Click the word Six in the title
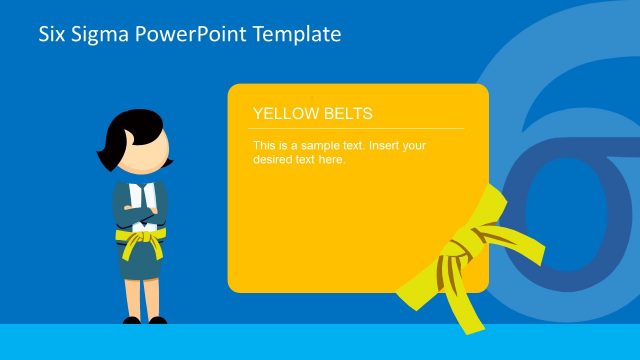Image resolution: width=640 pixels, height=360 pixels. (53, 35)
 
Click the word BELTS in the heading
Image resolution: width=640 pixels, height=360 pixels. (343, 114)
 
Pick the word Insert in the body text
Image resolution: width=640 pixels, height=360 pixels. (384, 145)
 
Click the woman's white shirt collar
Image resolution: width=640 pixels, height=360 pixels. (141, 189)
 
